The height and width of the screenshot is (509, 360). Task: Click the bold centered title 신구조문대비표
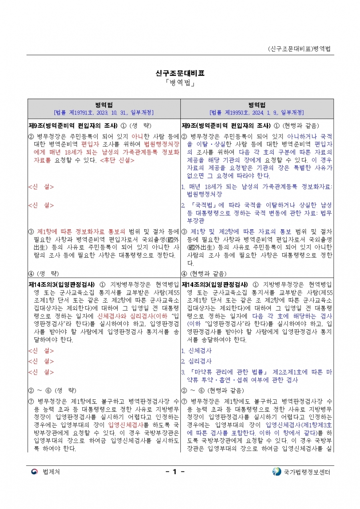[180, 74]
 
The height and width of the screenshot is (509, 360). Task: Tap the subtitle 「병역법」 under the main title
[180, 83]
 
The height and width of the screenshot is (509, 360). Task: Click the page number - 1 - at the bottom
[175, 472]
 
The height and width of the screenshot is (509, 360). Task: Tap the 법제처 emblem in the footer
[34, 472]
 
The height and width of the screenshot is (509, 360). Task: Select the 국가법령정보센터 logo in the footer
[276, 472]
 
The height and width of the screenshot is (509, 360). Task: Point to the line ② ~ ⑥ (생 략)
[52, 390]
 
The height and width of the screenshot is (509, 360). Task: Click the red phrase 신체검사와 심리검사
[120, 316]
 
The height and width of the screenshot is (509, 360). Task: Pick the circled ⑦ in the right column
[184, 401]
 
